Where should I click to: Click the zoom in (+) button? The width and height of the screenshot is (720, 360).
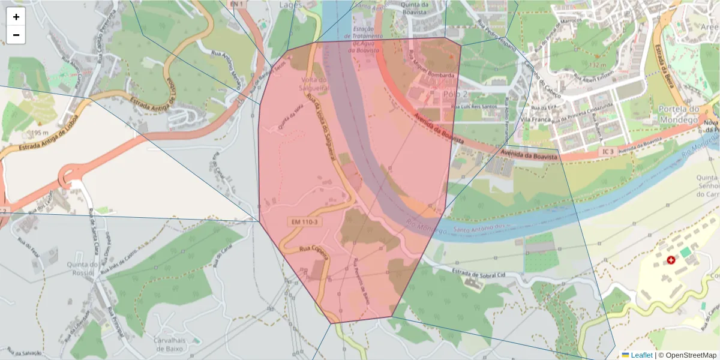16,17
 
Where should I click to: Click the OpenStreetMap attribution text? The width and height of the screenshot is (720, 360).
691,355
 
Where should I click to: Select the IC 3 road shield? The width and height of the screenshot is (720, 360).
607,152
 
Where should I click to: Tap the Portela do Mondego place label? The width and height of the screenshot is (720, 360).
679,114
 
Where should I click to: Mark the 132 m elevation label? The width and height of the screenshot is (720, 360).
598,65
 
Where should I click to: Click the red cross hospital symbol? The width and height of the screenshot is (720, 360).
671,260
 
